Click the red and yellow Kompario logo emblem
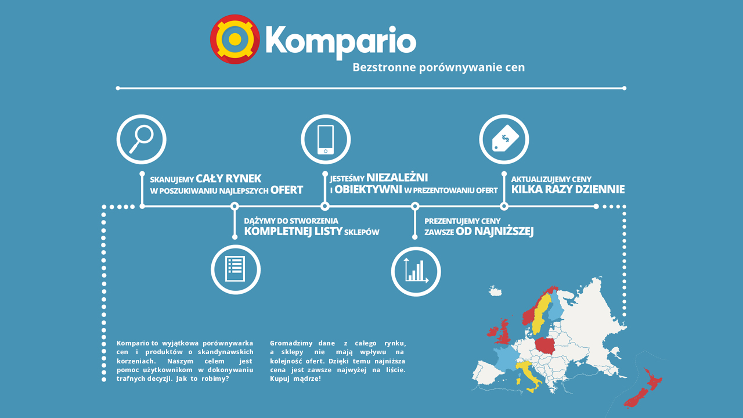[235, 39]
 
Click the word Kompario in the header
[341, 43]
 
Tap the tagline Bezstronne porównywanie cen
[438, 67]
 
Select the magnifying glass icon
[141, 139]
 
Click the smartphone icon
[326, 139]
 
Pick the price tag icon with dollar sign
[504, 139]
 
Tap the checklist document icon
[236, 269]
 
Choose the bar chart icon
[416, 271]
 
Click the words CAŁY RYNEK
[229, 178]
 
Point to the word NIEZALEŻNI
[397, 178]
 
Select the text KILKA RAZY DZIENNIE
[568, 189]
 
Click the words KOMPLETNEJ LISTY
[293, 231]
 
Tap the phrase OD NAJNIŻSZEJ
[495, 231]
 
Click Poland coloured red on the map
[545, 345]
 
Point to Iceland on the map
[495, 291]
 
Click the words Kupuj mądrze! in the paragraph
[295, 379]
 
